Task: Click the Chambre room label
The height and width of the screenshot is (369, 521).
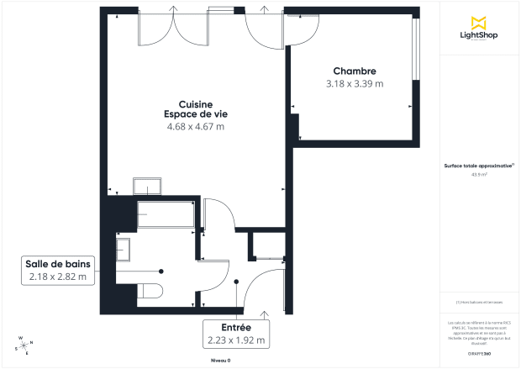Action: tap(354, 71)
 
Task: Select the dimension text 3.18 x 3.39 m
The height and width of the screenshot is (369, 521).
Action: tap(354, 84)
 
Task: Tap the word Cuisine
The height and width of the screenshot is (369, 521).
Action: tap(195, 103)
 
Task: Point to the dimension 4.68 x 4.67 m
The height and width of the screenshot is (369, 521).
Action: tap(196, 127)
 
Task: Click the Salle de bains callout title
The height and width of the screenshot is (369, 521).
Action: tap(58, 264)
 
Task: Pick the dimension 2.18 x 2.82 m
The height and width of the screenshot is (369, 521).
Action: tap(58, 277)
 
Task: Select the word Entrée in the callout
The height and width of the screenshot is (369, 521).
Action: tap(237, 327)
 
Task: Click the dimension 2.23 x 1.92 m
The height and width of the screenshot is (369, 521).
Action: tap(237, 340)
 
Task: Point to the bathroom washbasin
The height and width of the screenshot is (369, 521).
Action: tap(124, 249)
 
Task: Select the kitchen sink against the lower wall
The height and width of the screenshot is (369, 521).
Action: tap(150, 186)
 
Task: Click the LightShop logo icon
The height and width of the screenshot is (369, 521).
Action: tap(480, 23)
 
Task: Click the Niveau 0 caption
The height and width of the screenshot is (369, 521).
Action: tap(220, 360)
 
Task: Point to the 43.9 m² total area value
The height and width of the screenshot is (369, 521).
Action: tap(479, 175)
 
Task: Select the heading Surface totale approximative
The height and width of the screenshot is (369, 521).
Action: tap(478, 166)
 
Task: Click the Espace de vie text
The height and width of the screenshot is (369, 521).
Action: tap(195, 114)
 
